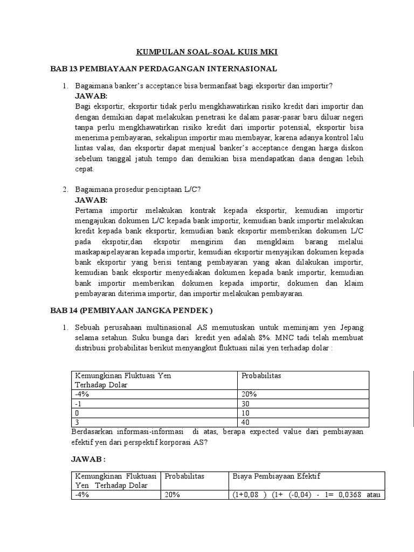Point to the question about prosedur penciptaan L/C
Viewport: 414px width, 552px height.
(x=139, y=189)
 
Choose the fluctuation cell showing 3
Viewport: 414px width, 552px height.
(x=78, y=422)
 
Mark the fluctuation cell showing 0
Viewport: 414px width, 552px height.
(x=78, y=412)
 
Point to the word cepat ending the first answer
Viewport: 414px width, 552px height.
(x=85, y=169)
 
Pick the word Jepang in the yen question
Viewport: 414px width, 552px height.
(x=351, y=327)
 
